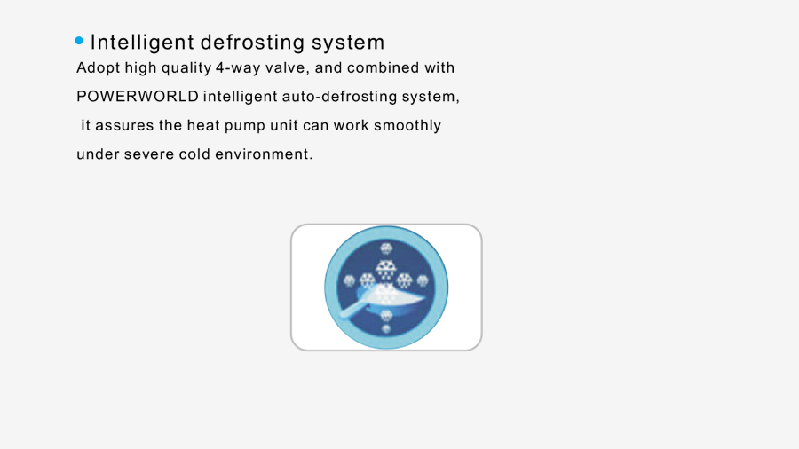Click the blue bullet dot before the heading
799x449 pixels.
[x=79, y=41]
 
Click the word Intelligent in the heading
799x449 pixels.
[x=142, y=43]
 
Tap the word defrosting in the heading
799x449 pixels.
[x=252, y=43]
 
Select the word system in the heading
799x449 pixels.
[x=348, y=43]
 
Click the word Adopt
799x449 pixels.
[x=98, y=68]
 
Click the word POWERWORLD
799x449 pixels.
[x=138, y=96]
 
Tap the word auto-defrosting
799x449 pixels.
[x=339, y=97]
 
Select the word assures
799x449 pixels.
[x=124, y=126]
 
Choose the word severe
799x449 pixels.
[x=149, y=154]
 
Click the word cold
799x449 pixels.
[x=194, y=154]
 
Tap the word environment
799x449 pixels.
[x=264, y=154]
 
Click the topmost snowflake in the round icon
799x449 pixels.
[x=386, y=249]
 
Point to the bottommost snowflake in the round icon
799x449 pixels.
[x=386, y=329]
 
